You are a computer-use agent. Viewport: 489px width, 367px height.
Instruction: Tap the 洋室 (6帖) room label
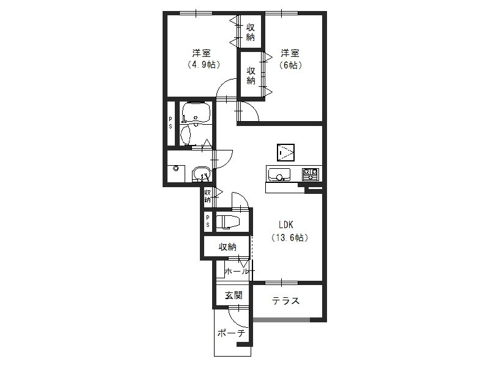pos(290,59)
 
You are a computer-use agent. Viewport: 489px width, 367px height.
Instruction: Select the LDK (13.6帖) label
pos(290,231)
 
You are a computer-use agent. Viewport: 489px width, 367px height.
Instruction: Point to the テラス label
pos(285,301)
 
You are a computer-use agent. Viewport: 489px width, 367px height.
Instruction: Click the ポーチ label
pos(231,333)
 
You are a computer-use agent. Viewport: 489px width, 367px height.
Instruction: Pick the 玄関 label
pos(233,295)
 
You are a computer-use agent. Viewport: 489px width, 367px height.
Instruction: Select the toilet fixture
pos(228,221)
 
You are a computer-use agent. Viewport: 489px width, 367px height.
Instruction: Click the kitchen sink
pos(279,174)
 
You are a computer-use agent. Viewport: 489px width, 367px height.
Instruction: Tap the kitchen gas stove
pos(311,174)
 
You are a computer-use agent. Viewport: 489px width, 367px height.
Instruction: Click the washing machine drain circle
pos(176,169)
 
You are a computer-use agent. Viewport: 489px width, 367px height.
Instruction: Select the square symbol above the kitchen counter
pos(285,152)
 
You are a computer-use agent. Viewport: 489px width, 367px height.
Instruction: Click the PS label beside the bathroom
pos(171,123)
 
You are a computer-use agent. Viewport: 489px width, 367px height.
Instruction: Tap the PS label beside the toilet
pos(208,221)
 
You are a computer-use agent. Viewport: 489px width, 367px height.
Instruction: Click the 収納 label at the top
pos(251,32)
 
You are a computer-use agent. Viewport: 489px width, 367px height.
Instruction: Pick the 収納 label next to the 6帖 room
pos(251,75)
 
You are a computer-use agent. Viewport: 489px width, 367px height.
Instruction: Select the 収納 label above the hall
pos(227,247)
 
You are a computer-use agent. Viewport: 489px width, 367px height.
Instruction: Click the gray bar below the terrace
pos(282,320)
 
